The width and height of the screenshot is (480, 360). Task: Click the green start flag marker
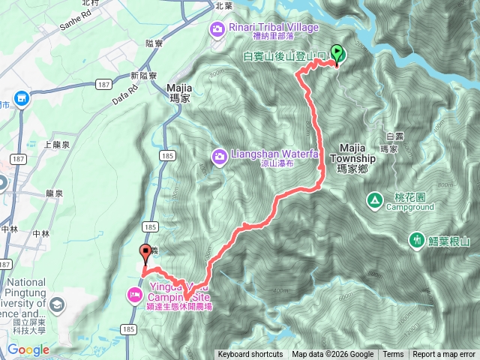tap(337, 53)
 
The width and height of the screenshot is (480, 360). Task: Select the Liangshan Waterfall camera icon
tap(220, 156)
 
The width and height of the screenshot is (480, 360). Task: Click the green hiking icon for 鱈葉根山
tap(415, 240)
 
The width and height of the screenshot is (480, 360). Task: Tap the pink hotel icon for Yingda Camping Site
tap(135, 294)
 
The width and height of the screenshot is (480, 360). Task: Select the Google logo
tap(28, 349)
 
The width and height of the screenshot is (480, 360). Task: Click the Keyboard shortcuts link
tap(250, 355)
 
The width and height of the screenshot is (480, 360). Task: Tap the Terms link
tap(393, 355)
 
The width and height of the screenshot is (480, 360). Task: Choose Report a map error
tap(445, 355)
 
